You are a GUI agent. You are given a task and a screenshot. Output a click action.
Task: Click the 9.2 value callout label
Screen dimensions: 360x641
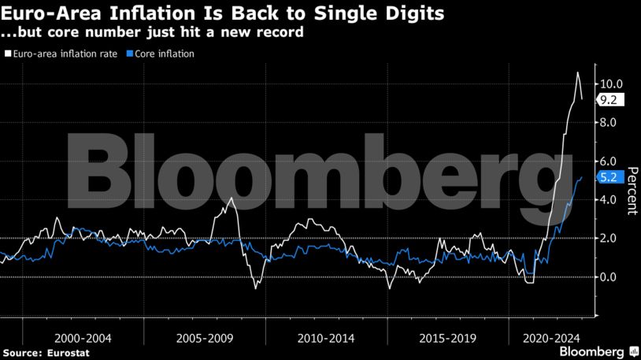coord(611,100)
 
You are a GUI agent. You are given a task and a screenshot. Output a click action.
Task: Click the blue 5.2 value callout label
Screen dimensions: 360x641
coord(611,178)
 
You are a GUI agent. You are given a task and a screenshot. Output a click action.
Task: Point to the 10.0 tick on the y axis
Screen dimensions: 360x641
coord(611,84)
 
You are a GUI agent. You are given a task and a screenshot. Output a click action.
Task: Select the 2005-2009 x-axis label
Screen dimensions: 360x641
coord(205,337)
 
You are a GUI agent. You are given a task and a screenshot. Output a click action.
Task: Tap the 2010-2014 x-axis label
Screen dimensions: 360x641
coord(325,337)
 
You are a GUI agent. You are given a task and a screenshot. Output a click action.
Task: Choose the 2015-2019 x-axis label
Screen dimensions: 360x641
coord(446,337)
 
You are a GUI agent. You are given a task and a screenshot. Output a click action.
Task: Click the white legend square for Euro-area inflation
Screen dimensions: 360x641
coord(7,54)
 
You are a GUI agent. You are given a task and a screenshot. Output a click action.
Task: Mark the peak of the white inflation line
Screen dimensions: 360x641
coord(577,72)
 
